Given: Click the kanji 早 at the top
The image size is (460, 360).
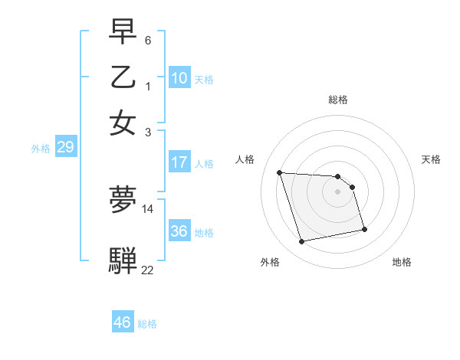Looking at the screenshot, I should point(123,32).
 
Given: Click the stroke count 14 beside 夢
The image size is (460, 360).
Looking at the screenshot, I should point(148,208).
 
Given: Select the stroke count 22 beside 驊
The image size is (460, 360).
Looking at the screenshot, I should point(148,269).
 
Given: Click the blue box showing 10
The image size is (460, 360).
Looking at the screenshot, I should point(179,78).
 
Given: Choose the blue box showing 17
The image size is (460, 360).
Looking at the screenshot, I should point(179,162).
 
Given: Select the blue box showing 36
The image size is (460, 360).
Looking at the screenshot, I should point(179,231).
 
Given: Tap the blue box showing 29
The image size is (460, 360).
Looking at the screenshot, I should point(65,148).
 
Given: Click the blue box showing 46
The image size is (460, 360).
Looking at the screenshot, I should point(123,322).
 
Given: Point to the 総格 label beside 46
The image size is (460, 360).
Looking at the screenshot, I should point(147,324).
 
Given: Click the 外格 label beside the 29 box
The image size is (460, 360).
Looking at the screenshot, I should point(41,149).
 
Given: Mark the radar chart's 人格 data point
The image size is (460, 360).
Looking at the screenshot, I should point(280,172).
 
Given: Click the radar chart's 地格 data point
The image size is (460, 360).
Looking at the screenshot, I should point(364,229).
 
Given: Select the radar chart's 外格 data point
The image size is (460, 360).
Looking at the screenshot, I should point(302,242).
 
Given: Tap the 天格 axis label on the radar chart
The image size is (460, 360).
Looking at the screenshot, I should point(431,159).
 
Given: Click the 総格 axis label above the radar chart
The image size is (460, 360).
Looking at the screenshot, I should point(338,100).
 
